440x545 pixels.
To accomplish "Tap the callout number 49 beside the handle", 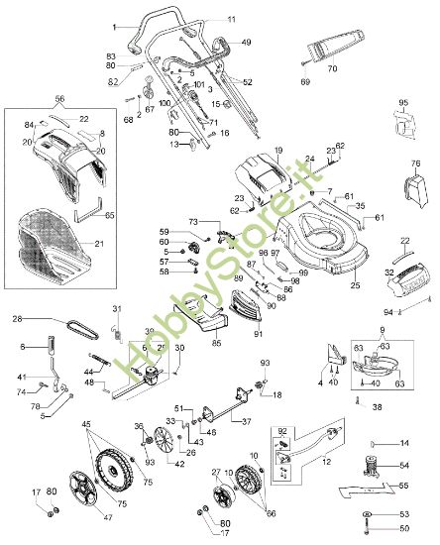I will tap(246, 43).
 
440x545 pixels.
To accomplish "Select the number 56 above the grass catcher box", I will tap(59, 100).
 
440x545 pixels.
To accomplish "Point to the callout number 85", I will tap(216, 344).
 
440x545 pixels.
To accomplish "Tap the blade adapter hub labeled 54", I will tap(377, 466).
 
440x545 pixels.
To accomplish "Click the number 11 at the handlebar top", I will tap(231, 20).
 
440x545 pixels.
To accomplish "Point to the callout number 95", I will tap(403, 103).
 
